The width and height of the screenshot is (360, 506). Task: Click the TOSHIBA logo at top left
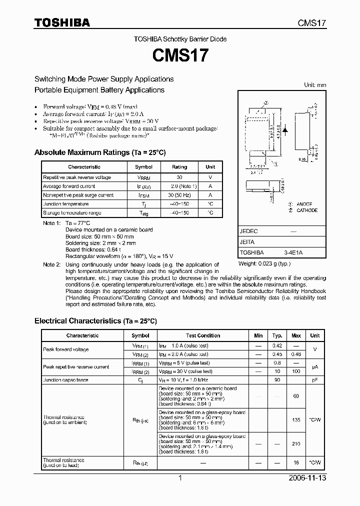coord(62,23)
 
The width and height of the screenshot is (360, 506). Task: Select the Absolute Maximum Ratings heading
coord(99,152)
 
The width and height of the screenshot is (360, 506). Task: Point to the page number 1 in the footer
coord(180,478)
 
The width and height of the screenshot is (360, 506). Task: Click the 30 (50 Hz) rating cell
coord(179,195)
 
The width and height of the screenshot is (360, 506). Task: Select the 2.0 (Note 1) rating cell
coord(179,186)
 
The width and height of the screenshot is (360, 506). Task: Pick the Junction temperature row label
coord(65,204)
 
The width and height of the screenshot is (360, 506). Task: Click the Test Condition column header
coord(203,335)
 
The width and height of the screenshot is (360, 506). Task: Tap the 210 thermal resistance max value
coord(296,443)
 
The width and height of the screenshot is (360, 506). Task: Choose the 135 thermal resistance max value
coord(296,420)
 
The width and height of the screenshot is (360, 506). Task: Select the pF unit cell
coord(314,380)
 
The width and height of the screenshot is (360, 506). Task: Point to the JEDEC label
coord(248,231)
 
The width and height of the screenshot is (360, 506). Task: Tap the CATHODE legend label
coord(306,210)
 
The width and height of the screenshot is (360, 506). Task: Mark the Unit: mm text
coord(315,85)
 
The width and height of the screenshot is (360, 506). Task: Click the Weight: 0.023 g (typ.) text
coord(264,263)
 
